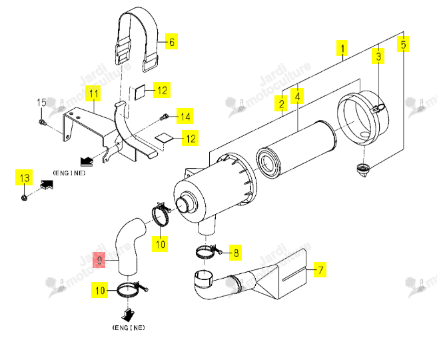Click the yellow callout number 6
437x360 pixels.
(x=171, y=41)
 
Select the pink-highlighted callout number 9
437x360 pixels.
(x=99, y=260)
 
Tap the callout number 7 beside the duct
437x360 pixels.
(x=320, y=269)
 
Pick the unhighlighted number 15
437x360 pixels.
(x=41, y=103)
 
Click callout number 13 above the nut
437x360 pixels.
(x=24, y=177)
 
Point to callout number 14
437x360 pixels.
(x=185, y=116)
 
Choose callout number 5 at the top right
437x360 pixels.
(x=403, y=45)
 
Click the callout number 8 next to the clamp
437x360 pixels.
(x=236, y=253)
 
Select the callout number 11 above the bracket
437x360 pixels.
(x=93, y=93)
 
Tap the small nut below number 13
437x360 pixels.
(x=24, y=198)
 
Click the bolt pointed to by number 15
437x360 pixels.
(x=43, y=122)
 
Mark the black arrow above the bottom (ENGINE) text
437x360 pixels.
(x=128, y=314)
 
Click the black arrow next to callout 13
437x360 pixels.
(x=47, y=185)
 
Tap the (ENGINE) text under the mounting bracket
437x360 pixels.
(x=69, y=173)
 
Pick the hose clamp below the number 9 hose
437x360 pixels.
(x=131, y=290)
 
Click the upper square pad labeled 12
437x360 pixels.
(x=140, y=92)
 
